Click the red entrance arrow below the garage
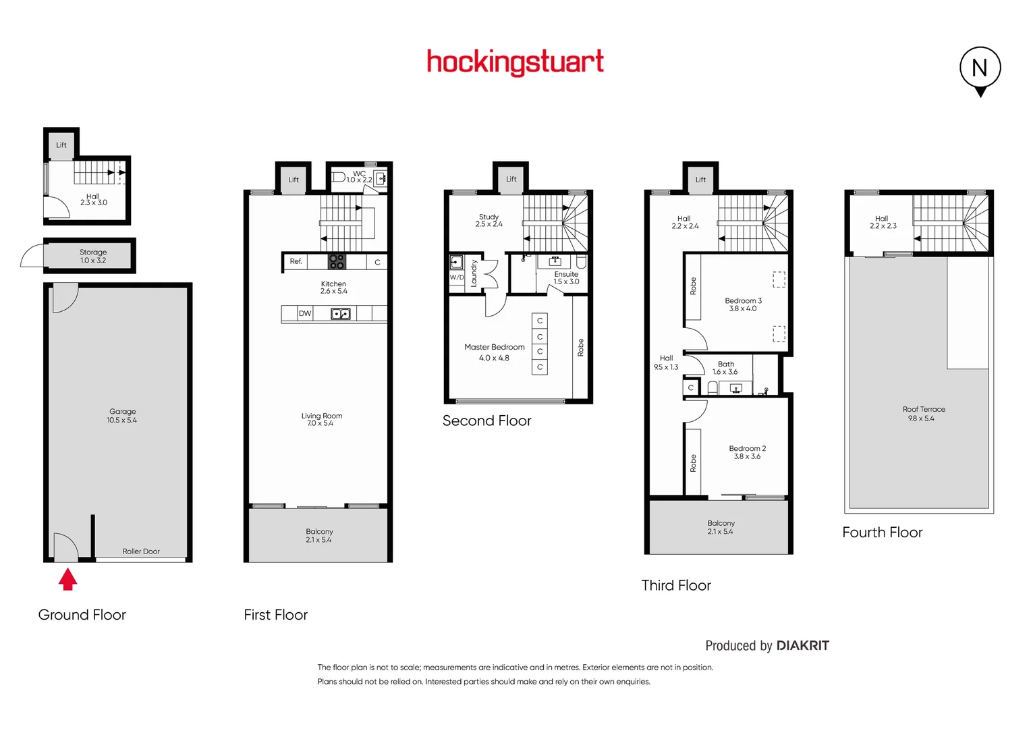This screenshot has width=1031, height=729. (x=67, y=579)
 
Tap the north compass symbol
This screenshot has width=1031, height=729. (x=980, y=69)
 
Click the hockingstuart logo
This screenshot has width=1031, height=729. (x=515, y=62)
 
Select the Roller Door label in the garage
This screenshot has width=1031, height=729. (x=141, y=551)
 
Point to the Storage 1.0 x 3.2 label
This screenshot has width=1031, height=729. (x=93, y=256)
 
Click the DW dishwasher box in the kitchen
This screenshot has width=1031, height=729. (x=305, y=313)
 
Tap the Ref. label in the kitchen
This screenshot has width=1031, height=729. (x=296, y=261)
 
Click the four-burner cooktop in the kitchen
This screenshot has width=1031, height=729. (x=337, y=262)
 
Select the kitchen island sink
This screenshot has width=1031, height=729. (x=340, y=313)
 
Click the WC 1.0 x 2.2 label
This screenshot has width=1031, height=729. (x=359, y=177)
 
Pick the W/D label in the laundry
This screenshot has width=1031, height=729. (x=457, y=277)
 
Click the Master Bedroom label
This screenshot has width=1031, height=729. (x=494, y=347)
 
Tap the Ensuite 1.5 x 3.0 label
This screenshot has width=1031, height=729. (x=566, y=278)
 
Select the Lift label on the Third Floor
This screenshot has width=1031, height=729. (x=700, y=180)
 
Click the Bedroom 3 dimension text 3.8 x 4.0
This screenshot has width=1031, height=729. (x=742, y=308)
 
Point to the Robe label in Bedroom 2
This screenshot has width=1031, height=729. (x=693, y=463)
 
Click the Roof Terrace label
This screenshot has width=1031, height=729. (x=924, y=410)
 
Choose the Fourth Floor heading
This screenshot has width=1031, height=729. (x=882, y=533)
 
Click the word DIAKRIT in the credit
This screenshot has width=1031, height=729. (x=802, y=645)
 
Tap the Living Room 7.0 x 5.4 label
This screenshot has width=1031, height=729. (x=321, y=419)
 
